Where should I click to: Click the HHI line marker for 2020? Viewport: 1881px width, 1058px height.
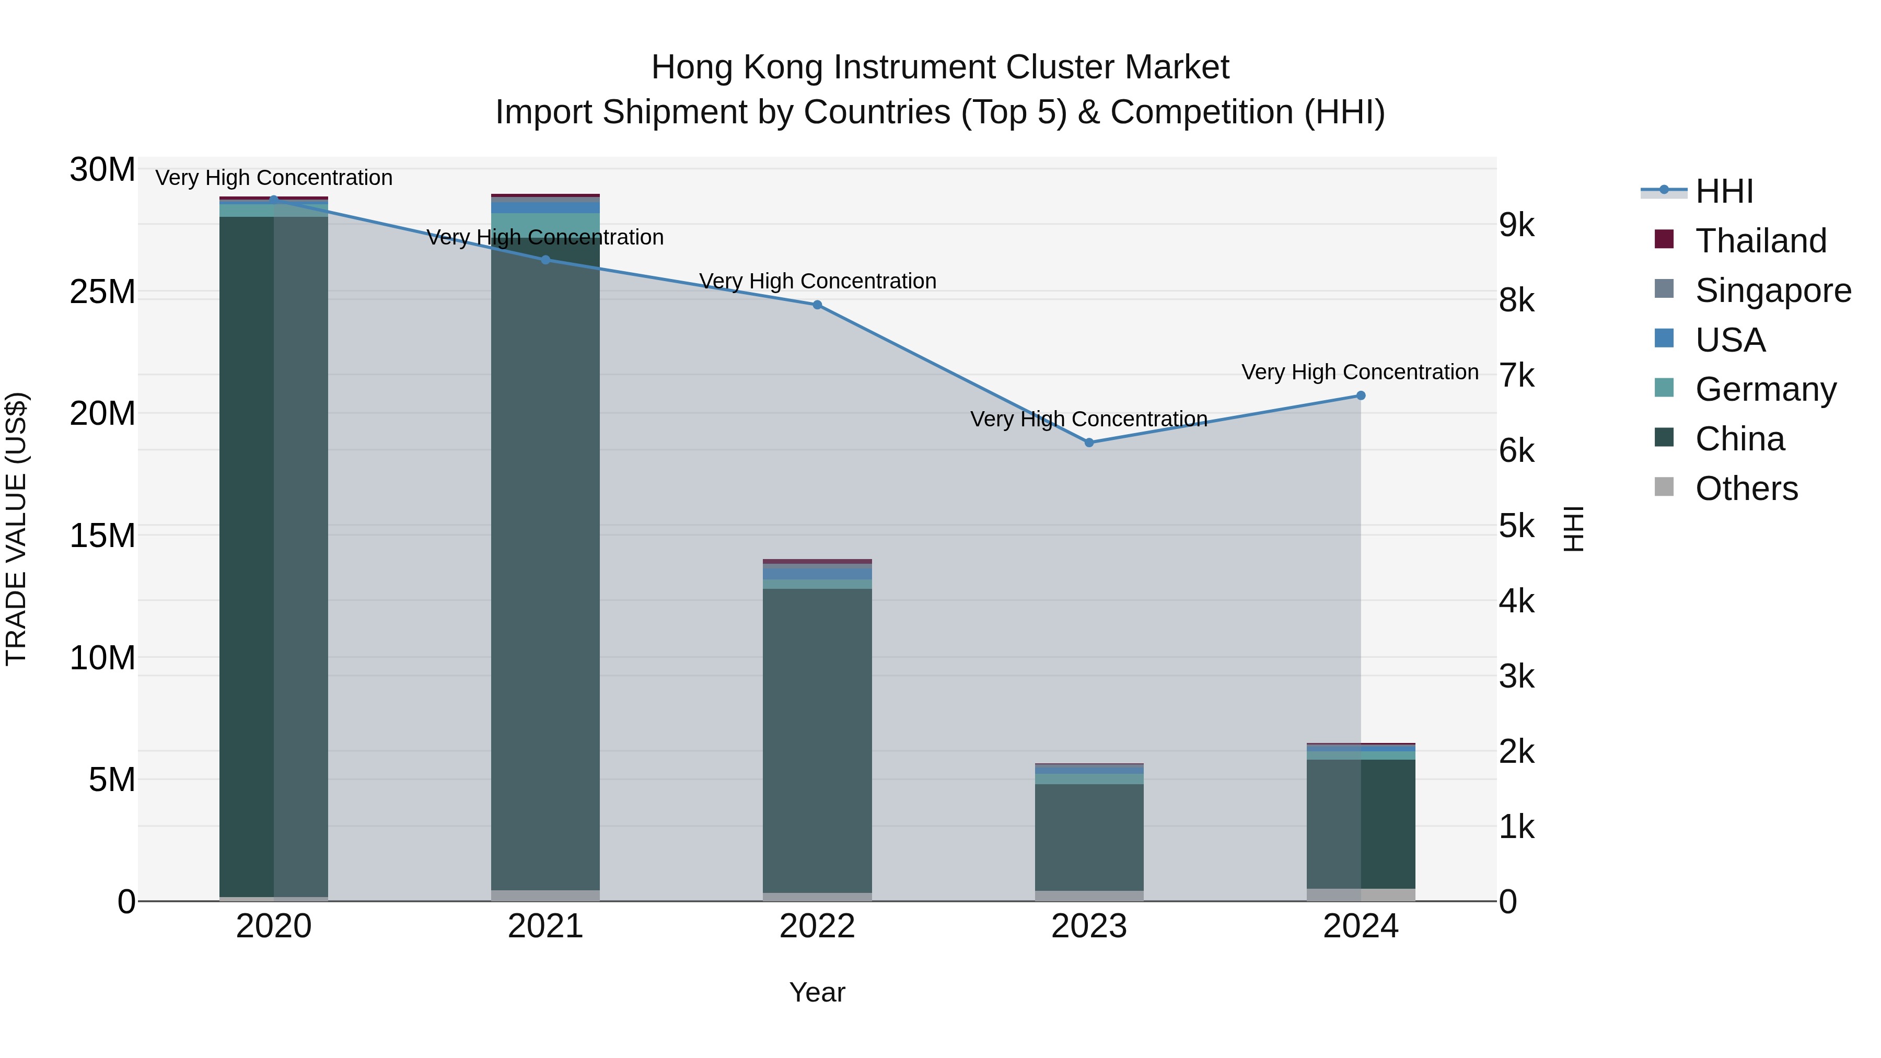point(274,200)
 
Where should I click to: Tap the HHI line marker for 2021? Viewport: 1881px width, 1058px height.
point(545,260)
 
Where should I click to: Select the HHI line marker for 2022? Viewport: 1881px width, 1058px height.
point(817,305)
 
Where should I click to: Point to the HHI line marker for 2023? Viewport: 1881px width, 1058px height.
point(1089,443)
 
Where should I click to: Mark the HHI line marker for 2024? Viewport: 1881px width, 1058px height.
point(1361,396)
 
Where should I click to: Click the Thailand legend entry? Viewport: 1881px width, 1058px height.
point(1760,241)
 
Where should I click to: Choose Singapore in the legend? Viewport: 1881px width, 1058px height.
point(1773,290)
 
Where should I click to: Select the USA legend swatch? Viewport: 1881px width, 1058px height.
point(1664,339)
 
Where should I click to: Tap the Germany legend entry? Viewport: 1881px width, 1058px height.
point(1765,389)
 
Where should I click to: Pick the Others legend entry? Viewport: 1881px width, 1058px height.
point(1746,489)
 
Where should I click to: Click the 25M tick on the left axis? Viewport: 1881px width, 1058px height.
point(102,292)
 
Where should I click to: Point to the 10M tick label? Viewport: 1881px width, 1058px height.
point(102,658)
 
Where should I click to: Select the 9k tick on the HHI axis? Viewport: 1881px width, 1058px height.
point(1517,226)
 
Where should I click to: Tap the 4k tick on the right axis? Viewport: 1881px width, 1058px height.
point(1517,602)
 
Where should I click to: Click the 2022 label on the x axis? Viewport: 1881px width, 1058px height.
point(817,926)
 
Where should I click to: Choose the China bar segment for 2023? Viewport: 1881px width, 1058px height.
point(1089,837)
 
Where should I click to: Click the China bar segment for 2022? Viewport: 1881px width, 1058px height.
point(817,740)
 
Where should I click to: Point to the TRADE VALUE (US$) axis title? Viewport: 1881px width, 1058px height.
point(16,529)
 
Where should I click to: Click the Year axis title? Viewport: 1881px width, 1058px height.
point(817,992)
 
